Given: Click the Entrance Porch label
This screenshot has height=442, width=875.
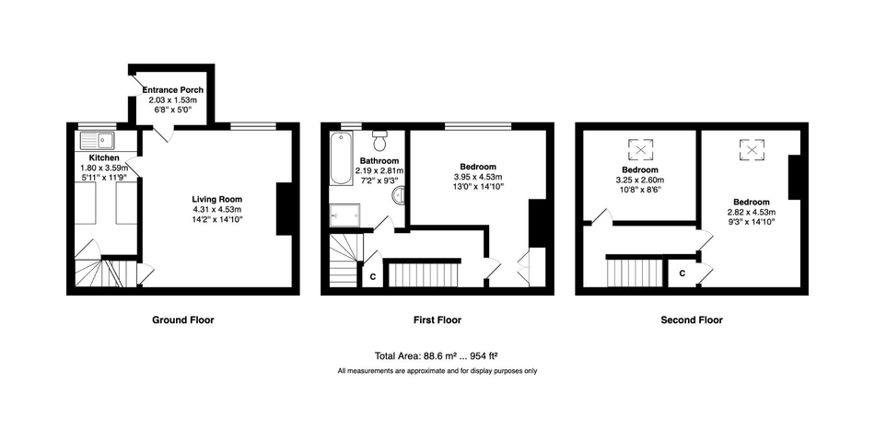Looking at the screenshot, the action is coord(173,90).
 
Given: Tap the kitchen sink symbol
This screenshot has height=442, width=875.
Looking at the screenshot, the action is coord(97,140).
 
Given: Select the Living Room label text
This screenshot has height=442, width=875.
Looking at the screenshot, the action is coord(217,199).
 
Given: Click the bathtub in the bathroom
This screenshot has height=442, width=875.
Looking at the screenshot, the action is coord(341,158).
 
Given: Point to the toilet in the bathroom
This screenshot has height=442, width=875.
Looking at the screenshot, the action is coord(380,141).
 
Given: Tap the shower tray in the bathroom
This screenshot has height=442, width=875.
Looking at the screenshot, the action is coord(345,215).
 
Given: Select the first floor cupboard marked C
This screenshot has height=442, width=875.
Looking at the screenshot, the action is coord(373,276).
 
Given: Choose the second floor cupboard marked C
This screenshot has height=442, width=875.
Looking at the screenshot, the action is coord(682,273).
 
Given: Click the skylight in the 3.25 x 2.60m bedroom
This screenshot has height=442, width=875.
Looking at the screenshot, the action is coord(640,149).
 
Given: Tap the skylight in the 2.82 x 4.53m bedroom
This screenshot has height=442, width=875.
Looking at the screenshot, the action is coord(752,149).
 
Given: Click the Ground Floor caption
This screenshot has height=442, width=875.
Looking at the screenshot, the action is coord(183,320).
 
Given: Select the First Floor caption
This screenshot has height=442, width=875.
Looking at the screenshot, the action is coord(437,320).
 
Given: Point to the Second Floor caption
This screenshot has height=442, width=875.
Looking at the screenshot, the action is coord(692,320).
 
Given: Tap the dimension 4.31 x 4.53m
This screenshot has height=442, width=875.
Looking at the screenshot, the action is coord(217,209).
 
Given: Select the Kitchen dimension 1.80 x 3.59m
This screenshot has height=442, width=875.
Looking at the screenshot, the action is coord(104,168).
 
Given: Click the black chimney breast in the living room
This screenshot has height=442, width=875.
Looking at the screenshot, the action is coord(285,209).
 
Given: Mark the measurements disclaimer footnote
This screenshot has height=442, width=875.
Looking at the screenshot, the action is coord(437,370).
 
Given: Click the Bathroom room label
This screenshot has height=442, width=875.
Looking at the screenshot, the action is coord(379,161).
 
